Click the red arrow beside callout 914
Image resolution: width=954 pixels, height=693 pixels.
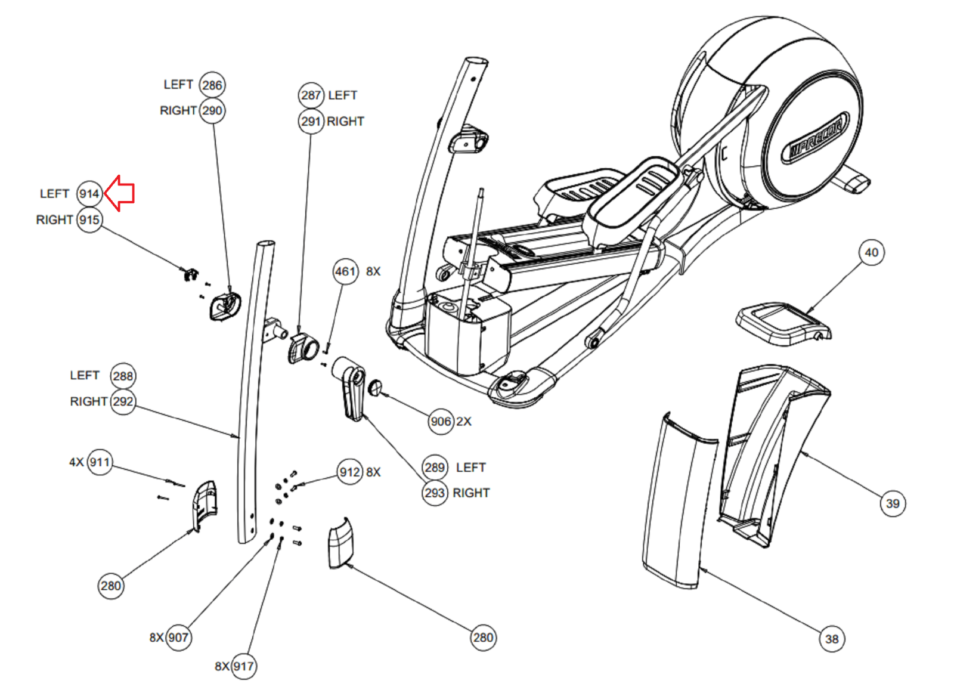(x=120, y=193)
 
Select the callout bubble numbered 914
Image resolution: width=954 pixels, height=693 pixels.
(x=89, y=194)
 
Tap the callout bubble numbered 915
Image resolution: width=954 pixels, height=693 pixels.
(x=89, y=220)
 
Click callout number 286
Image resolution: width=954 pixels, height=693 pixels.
(x=212, y=85)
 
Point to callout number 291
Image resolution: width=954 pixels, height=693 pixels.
(x=311, y=122)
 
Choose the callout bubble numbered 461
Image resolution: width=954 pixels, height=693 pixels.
(x=345, y=272)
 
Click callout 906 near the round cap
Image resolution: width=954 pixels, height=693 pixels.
(x=441, y=422)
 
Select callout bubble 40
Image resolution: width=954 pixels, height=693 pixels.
(x=871, y=253)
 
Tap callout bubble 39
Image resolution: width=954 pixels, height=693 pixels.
(x=893, y=504)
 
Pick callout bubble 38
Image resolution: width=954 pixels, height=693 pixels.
(x=832, y=639)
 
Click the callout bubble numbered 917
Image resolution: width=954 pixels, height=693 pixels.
(x=243, y=666)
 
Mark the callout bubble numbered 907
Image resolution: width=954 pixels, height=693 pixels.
(x=178, y=638)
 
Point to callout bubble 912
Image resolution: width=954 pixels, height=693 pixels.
(x=349, y=472)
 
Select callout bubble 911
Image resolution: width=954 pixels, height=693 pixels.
(x=100, y=462)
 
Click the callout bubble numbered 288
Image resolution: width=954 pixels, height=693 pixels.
(x=123, y=376)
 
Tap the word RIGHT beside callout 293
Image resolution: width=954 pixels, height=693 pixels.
(x=471, y=493)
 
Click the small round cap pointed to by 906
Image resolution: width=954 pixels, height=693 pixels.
(x=375, y=387)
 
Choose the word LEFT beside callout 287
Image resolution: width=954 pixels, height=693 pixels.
(x=342, y=95)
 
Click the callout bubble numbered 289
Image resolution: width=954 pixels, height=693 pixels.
(x=435, y=468)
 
